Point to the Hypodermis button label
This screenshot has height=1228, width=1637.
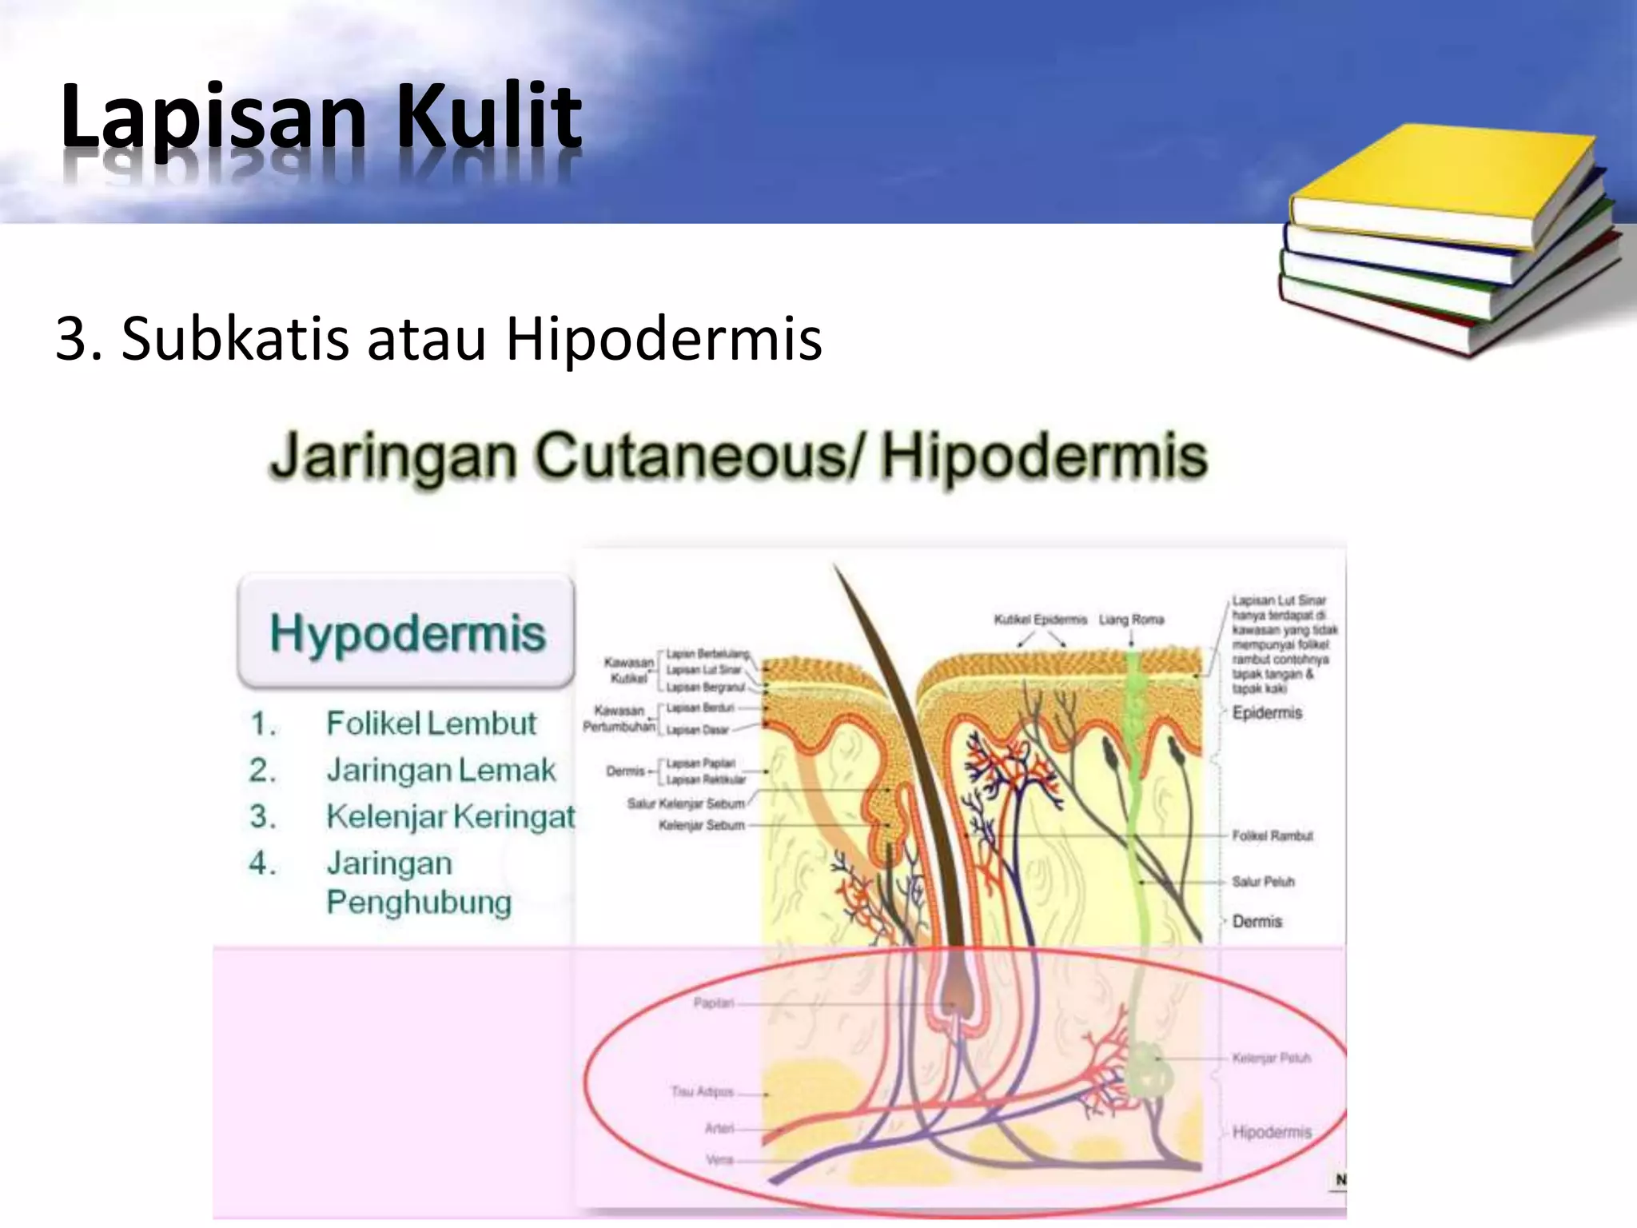click(x=407, y=633)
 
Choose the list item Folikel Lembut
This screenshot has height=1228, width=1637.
click(x=430, y=724)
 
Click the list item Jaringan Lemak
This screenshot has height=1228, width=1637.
click(x=440, y=770)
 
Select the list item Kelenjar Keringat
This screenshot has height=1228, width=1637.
click(x=450, y=816)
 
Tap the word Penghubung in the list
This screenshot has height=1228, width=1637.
click(x=419, y=902)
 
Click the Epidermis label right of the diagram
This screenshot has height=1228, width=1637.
click(x=1267, y=712)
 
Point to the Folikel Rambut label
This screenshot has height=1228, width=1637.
click(x=1272, y=835)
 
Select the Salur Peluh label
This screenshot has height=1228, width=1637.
click(x=1263, y=881)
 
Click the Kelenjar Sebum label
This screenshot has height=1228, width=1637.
click(x=701, y=825)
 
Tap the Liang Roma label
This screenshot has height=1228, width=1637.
click(x=1131, y=620)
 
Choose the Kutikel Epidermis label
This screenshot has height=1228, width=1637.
click(x=1040, y=620)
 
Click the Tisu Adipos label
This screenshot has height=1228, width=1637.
click(x=702, y=1091)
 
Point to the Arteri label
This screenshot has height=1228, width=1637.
click(x=719, y=1128)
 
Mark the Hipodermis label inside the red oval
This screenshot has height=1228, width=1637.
click(x=1272, y=1132)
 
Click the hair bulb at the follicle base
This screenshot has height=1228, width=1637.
click(x=953, y=991)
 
